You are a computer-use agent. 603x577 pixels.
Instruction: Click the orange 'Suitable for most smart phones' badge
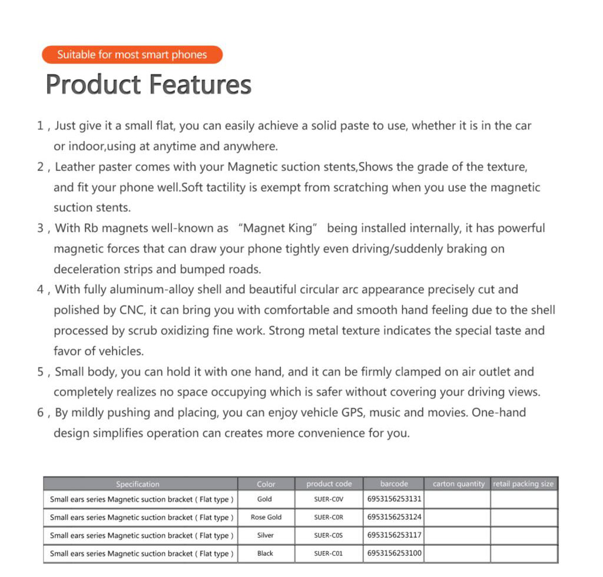(x=132, y=55)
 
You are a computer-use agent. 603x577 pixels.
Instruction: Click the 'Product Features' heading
(x=148, y=84)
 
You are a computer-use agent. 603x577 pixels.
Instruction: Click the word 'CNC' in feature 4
(x=132, y=310)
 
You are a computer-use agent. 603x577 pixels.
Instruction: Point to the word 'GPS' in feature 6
(x=352, y=412)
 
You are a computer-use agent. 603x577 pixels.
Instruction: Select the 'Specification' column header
(x=138, y=484)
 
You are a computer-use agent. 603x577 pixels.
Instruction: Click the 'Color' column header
(x=266, y=484)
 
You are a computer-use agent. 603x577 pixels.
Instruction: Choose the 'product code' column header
(x=329, y=484)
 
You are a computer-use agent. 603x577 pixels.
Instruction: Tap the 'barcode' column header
(x=394, y=484)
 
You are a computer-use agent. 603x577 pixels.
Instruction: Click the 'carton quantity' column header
(x=459, y=484)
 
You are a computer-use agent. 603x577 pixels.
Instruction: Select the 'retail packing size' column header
(x=524, y=484)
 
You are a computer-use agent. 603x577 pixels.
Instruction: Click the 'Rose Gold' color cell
(x=266, y=518)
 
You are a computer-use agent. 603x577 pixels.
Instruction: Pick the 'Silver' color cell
(x=266, y=536)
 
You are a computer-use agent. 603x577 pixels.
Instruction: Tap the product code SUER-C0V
(x=329, y=499)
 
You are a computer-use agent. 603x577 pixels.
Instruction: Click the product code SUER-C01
(x=329, y=553)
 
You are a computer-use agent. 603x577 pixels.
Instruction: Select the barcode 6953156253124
(x=394, y=517)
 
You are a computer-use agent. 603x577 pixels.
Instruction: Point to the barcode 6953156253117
(x=394, y=535)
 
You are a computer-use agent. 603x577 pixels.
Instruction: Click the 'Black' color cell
(x=266, y=553)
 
